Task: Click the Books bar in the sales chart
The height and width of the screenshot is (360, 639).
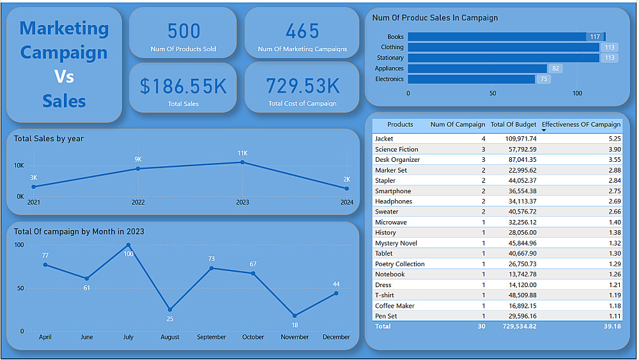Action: click(x=498, y=37)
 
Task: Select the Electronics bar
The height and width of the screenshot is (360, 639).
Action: click(x=471, y=79)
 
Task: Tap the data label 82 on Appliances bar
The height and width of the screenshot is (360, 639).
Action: click(x=555, y=68)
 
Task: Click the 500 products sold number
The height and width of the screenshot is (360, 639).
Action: click(x=183, y=31)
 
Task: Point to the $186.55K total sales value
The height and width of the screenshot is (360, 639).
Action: click(x=183, y=86)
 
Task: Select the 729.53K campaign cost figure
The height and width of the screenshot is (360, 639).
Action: click(x=303, y=86)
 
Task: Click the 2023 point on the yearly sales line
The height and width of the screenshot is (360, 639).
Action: click(x=242, y=162)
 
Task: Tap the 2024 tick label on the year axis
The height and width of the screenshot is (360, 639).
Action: click(x=347, y=202)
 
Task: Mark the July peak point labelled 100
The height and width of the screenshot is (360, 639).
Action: click(x=128, y=245)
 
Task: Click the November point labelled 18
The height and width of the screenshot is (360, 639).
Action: click(x=295, y=315)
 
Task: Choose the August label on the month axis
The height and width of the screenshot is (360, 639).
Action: click(x=170, y=337)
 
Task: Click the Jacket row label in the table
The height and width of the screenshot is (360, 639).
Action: click(x=384, y=139)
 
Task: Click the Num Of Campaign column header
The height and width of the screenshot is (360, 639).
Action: click(x=458, y=125)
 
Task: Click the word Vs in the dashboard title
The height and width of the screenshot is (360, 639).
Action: click(x=64, y=77)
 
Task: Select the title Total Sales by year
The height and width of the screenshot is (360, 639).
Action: click(x=49, y=139)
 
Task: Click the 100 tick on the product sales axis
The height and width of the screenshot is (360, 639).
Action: click(x=577, y=93)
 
